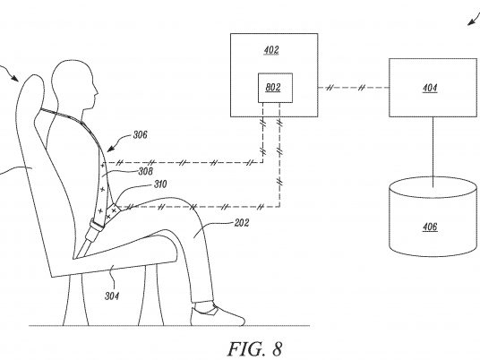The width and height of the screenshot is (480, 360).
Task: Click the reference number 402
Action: coord(271,50)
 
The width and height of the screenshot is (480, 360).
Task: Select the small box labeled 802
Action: coord(275,88)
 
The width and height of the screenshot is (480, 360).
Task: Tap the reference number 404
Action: coord(430,88)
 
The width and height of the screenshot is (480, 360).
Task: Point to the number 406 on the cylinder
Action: coord(430,227)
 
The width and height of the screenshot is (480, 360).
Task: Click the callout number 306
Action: coord(140,134)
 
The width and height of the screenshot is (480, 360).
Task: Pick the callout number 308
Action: coord(145,171)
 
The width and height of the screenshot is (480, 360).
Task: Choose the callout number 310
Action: coord(160,184)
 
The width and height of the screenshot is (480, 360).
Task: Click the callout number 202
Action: coord(242,223)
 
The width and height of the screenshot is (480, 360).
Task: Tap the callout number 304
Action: coord(112,296)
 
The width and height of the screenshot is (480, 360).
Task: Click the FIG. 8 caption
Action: coord(254,348)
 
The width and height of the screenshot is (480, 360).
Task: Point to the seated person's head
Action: coord(74,85)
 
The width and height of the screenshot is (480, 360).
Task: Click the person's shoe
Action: coord(218,313)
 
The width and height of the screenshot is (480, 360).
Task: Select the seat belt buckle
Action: coord(95,229)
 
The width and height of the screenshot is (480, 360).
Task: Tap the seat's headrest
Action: coord(30,92)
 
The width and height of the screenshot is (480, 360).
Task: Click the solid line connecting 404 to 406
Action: coord(433,152)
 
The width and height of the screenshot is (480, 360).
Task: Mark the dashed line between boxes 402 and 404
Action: coord(353,88)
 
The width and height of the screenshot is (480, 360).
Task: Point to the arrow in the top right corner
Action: coord(474,19)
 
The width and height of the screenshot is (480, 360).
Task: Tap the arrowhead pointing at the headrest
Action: coord(14,78)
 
